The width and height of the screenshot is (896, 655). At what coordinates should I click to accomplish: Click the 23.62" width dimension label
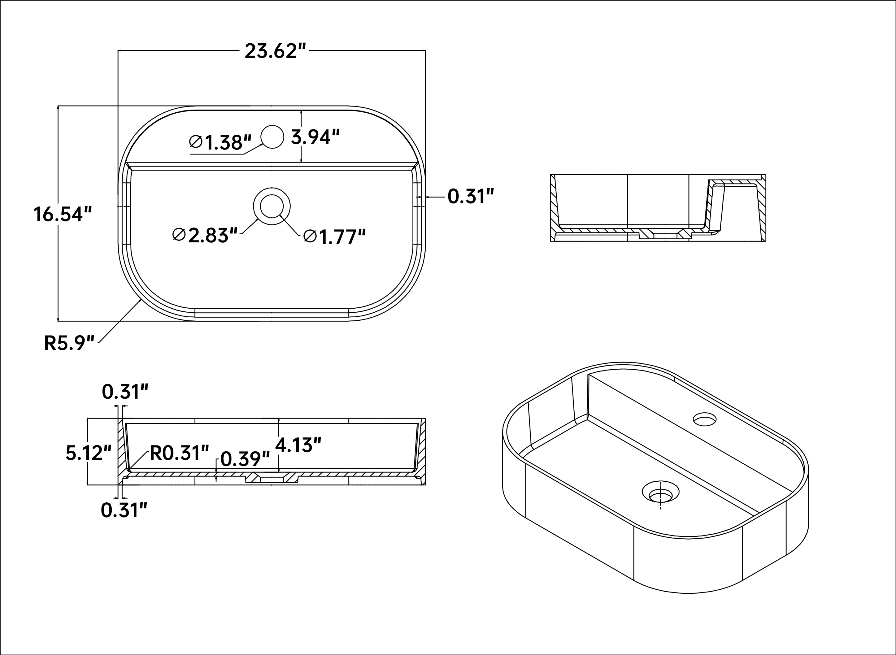point(275,51)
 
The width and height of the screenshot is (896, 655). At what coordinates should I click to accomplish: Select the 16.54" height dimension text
point(63,215)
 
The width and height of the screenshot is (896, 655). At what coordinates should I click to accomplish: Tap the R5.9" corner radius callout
point(69,343)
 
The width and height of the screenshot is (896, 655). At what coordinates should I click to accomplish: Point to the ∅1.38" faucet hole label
point(220,142)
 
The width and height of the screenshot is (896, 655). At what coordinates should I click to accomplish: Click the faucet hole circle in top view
point(272,137)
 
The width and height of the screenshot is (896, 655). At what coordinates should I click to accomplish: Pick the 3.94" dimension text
point(315,137)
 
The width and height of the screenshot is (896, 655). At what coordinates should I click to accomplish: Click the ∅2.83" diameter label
point(205,235)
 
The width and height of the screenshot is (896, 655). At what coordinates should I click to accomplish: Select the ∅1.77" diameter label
point(335,237)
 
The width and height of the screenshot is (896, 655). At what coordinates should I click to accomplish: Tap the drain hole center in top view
point(272,206)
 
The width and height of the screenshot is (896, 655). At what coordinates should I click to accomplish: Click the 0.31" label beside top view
point(471,197)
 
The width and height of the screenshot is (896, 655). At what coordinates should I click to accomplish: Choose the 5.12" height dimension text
point(88,453)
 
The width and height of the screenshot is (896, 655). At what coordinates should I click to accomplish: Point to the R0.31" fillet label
point(179,453)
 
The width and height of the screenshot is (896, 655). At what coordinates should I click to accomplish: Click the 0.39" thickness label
point(245,459)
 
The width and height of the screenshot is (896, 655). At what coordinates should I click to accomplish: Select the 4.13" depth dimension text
point(298,445)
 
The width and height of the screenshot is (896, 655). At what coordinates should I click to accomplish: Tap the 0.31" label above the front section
point(125,392)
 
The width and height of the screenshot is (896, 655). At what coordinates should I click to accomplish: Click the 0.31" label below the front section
point(124,510)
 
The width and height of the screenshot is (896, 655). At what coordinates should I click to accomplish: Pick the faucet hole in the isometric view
point(705,419)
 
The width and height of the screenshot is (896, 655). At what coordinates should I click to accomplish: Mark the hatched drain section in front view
point(272,478)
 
